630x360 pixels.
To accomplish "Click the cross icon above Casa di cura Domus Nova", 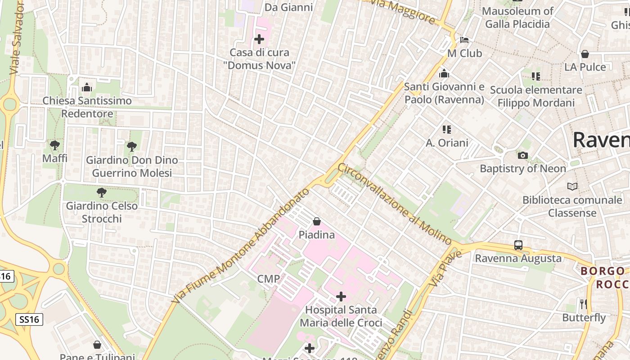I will (x=259, y=39).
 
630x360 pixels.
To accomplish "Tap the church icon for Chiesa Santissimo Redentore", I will (x=87, y=87).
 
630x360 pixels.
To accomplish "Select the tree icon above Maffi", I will (x=55, y=145).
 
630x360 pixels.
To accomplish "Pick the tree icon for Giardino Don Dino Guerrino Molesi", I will (x=132, y=146).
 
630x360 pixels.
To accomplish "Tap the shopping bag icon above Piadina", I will (x=317, y=221).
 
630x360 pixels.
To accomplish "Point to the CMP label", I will (x=269, y=279).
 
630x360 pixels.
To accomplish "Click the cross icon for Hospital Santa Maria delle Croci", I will (x=341, y=297).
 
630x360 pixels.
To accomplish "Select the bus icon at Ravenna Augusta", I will (x=518, y=245).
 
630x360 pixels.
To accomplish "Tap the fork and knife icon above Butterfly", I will (x=584, y=304).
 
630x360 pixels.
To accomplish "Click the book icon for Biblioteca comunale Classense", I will (x=572, y=186).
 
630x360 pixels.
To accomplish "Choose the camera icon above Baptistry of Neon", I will (x=522, y=156).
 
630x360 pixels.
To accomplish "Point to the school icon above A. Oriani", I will (x=446, y=130).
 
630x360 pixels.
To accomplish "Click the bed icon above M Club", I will (x=464, y=40).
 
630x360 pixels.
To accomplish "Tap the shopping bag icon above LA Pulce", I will (x=585, y=54).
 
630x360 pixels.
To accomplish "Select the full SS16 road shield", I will (x=30, y=319).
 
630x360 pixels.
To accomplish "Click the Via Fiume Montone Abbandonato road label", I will (x=240, y=246).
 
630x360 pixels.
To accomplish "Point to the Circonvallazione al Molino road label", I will (x=394, y=204).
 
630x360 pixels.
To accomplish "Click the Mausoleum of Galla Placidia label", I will (x=517, y=18).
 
